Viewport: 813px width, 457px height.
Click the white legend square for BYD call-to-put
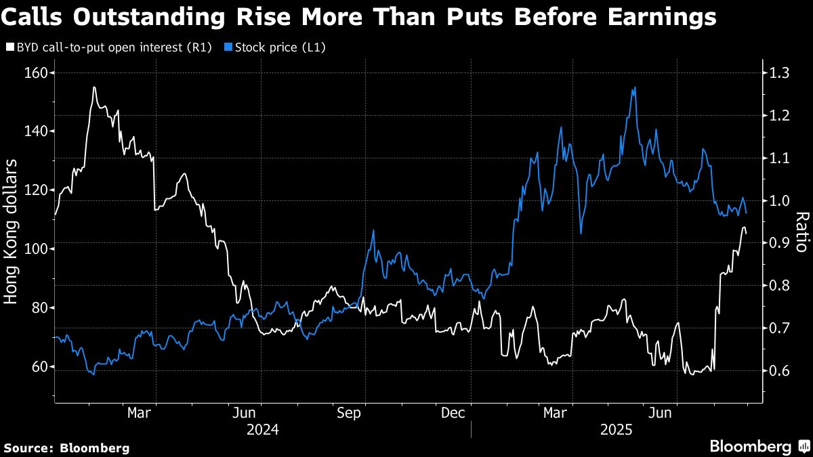click(x=9, y=48)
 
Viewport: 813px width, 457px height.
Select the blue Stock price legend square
click(x=228, y=48)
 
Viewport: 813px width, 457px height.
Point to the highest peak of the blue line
click(x=634, y=87)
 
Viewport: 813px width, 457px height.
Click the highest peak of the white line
click(x=93, y=87)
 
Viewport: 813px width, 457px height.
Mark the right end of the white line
click(x=746, y=234)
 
